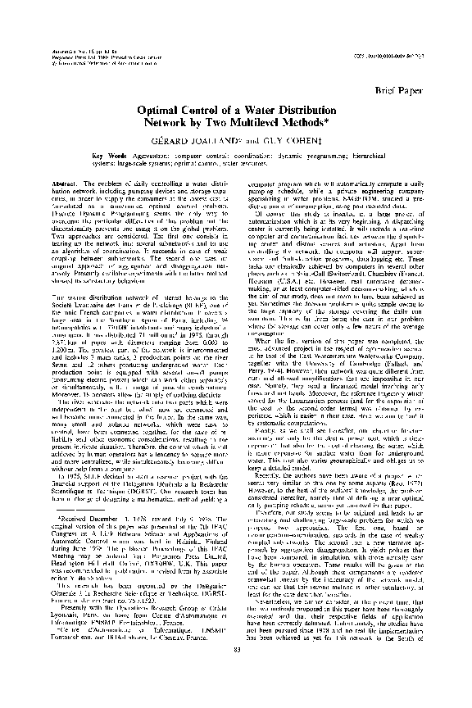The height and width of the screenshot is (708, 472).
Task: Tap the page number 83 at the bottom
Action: coord(236,674)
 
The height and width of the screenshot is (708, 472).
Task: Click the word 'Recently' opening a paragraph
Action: coord(272,520)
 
